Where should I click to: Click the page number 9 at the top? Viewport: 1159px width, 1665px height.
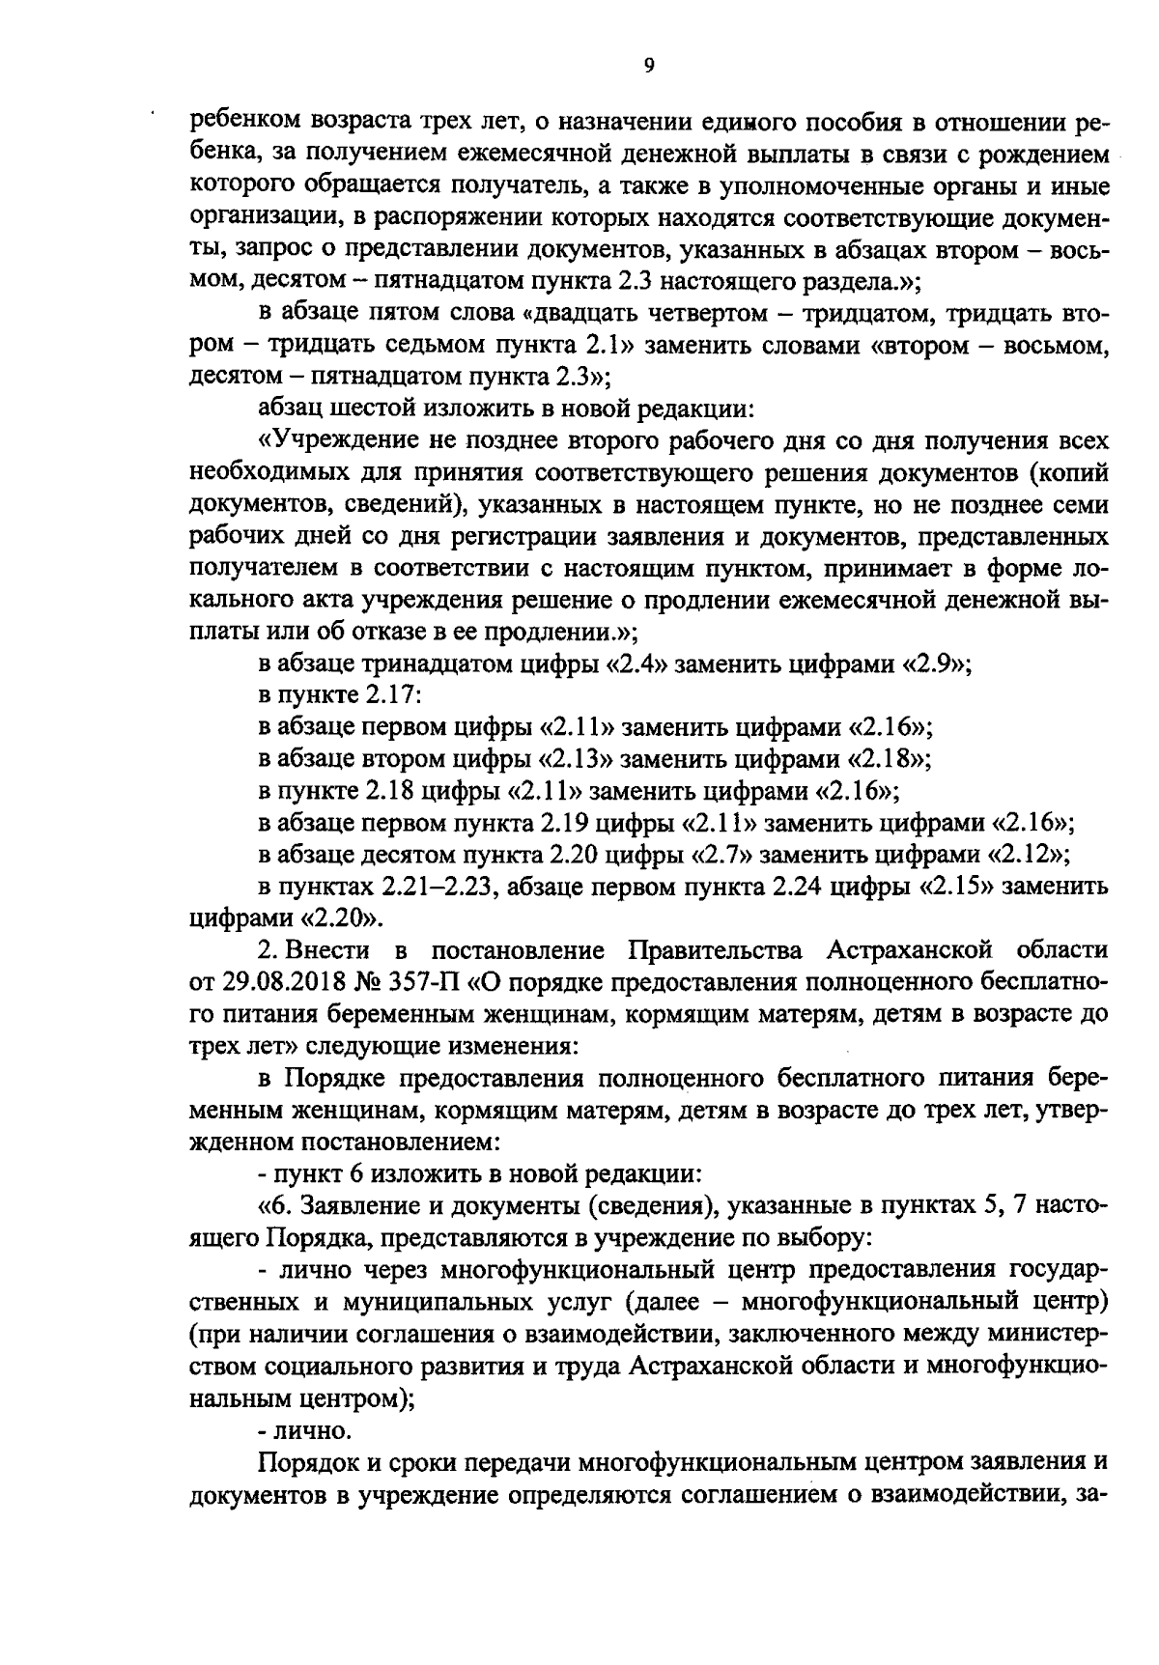[x=648, y=65]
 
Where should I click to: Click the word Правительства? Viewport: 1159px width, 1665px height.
[x=716, y=951]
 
